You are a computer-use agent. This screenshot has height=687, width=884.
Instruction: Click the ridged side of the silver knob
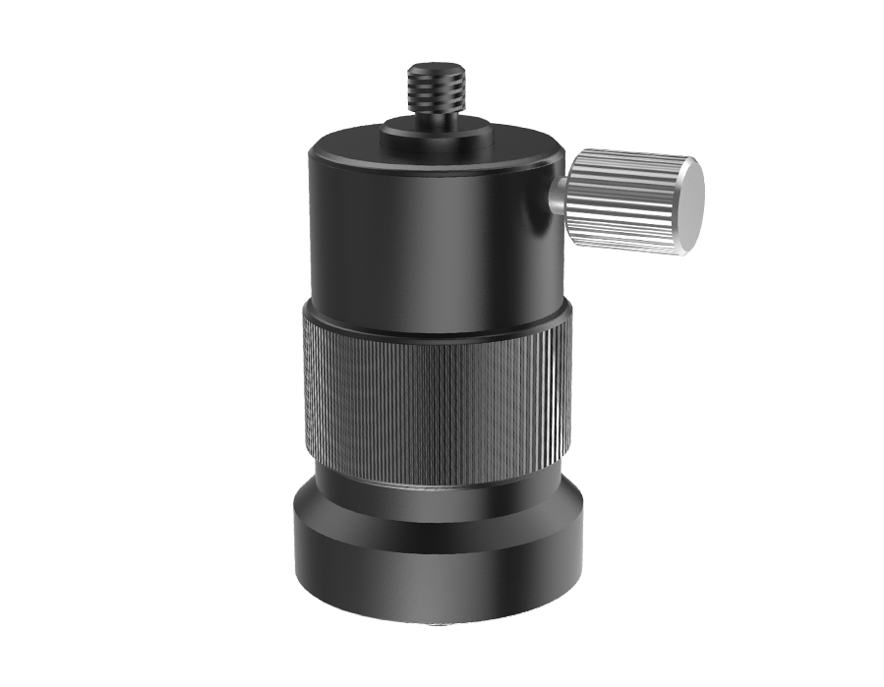(619, 201)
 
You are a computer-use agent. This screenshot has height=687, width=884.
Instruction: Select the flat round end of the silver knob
(689, 204)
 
